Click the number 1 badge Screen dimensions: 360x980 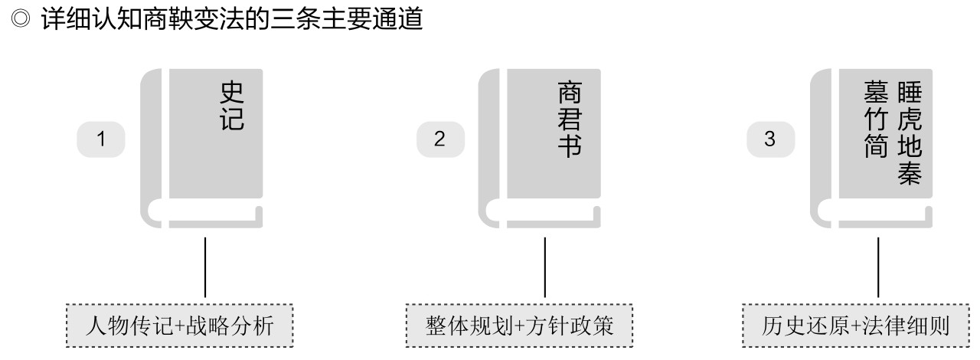[100, 139]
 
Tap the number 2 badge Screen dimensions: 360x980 [439, 139]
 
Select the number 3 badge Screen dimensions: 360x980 [770, 139]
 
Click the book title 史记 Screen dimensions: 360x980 [232, 105]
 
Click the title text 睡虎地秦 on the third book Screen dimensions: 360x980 [908, 133]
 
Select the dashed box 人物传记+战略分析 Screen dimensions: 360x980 [180, 327]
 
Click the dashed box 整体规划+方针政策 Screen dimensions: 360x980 [519, 327]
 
